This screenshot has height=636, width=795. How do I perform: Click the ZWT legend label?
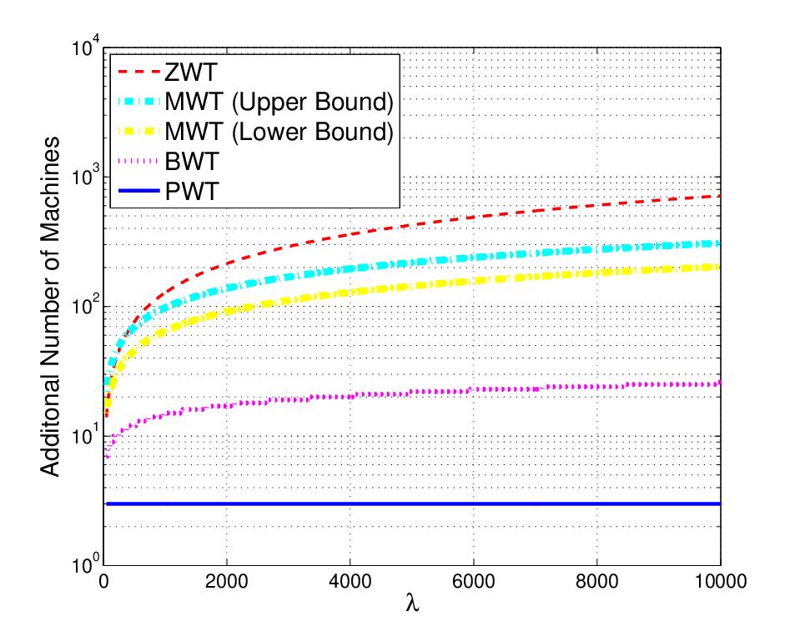191,72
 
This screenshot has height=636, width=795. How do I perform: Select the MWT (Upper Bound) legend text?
279,102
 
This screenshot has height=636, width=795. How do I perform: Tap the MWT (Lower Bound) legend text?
279,132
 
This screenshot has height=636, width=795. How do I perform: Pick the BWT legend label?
192,162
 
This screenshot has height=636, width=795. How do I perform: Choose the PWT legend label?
192,192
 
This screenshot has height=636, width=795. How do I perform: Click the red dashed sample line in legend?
138,72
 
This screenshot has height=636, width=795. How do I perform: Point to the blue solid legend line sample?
138,191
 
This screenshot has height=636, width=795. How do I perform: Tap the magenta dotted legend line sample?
138,161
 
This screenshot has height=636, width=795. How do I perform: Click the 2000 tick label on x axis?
227,581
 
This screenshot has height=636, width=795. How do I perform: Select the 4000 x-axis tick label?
350,581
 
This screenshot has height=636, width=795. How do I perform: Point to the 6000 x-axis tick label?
474,581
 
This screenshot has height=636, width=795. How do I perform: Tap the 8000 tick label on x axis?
596,581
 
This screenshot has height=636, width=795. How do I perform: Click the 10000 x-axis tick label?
720,581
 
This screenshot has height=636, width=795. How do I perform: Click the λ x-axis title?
412,603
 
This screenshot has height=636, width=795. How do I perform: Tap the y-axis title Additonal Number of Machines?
50,307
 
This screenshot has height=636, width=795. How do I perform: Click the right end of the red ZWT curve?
720,196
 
